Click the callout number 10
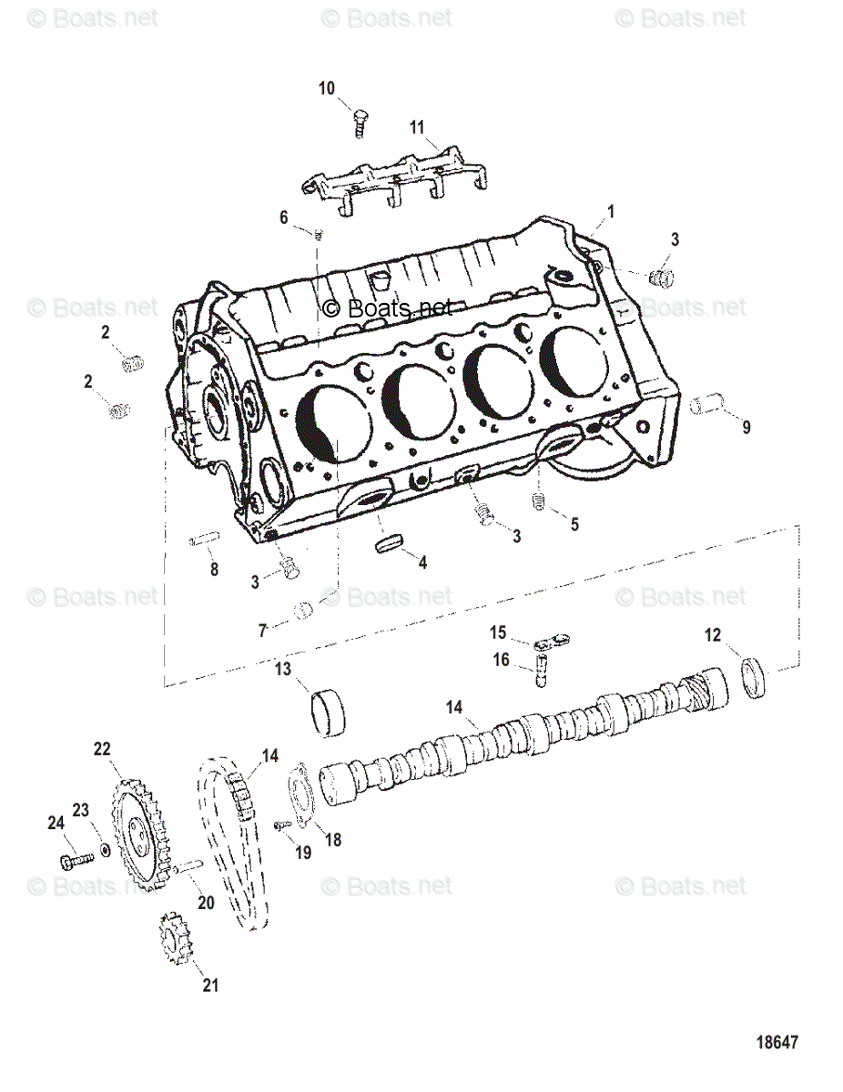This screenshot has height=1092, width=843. point(327,88)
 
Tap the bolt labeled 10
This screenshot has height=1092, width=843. point(359,120)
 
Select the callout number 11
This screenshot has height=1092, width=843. point(417,127)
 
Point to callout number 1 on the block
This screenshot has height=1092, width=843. point(611,211)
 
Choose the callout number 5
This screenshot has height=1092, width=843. point(574,524)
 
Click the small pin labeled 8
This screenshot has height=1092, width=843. point(201,541)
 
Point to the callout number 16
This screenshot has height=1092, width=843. point(501,661)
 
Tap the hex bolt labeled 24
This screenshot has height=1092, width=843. point(75,859)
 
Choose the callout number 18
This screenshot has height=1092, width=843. point(333,840)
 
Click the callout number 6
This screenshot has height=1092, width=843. point(284,217)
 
